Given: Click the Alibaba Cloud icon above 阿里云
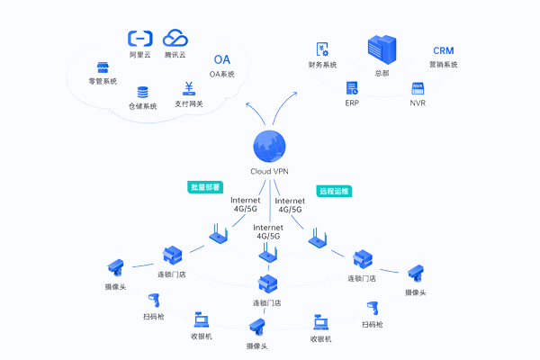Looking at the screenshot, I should click(140, 38).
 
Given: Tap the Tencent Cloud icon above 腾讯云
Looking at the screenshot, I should click(175, 38).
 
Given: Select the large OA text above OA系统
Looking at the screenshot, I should click(221, 59).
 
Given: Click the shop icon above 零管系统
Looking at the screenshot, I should click(103, 67).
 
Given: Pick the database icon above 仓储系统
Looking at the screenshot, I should click(142, 92).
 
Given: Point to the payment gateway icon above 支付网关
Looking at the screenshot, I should click(189, 88).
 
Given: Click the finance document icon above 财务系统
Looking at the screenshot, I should click(321, 49).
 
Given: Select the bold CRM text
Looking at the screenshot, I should click(443, 50).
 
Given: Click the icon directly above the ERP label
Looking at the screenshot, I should click(353, 88).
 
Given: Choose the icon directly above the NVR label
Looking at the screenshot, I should click(418, 88).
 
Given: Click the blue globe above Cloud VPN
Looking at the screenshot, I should click(270, 147).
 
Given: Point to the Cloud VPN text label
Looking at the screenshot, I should click(270, 172).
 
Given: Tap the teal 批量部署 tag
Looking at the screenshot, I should click(204, 187).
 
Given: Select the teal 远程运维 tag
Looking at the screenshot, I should click(334, 191).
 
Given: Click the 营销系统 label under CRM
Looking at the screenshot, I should click(443, 65).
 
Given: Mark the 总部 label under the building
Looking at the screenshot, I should click(382, 73).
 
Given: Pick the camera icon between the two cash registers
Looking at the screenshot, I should click(258, 327).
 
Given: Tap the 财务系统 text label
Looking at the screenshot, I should click(322, 65).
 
